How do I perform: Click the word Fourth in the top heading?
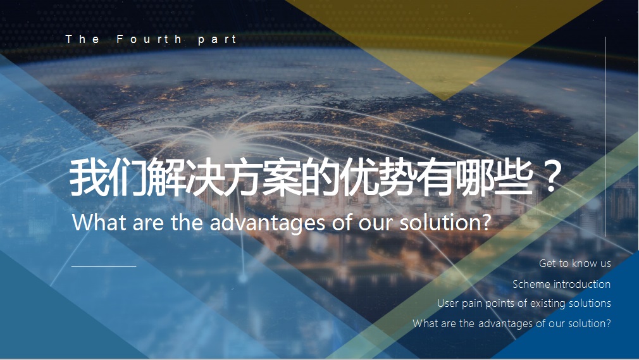click(149, 39)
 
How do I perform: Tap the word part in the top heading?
click(217, 40)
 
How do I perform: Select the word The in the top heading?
click(82, 39)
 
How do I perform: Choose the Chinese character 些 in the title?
click(514, 178)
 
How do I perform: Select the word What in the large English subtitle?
click(99, 222)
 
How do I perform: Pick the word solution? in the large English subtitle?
click(445, 222)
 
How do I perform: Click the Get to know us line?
click(575, 263)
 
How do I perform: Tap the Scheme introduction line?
click(562, 283)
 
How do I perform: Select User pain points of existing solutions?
click(524, 303)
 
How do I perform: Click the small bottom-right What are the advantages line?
click(512, 323)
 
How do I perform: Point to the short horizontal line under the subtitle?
click(104, 266)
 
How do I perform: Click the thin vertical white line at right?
click(605, 137)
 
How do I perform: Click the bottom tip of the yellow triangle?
click(444, 100)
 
